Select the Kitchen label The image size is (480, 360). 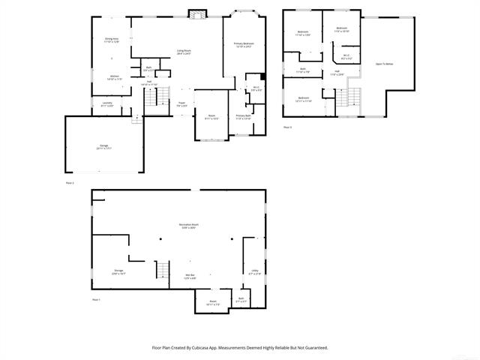[114, 77]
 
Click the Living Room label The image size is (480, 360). [184, 52]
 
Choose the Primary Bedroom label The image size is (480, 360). [244, 45]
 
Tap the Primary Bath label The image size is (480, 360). [244, 117]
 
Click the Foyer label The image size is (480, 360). [181, 104]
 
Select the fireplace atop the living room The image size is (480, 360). [197, 14]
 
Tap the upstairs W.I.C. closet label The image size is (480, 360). [346, 55]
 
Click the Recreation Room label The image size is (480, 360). [187, 226]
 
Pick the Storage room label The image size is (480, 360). [118, 271]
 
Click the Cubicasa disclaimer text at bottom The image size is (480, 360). [240, 347]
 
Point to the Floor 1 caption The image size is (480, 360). [96, 299]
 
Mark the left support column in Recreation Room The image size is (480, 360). [160, 239]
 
